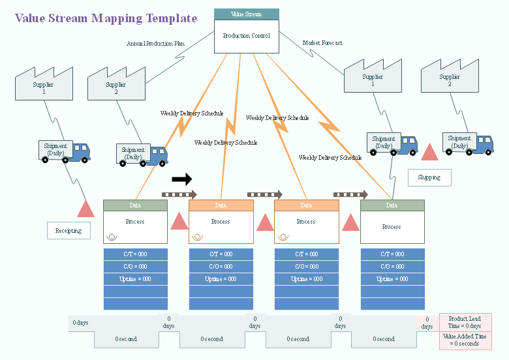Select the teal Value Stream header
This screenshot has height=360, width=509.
pyautogui.click(x=246, y=14)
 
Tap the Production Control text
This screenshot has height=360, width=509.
pyautogui.click(x=246, y=36)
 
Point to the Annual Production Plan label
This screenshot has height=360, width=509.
pyautogui.click(x=155, y=44)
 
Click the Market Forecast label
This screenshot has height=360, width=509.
pyautogui.click(x=322, y=43)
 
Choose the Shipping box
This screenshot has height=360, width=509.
pyautogui.click(x=429, y=177)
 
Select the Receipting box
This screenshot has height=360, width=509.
pyautogui.click(x=69, y=231)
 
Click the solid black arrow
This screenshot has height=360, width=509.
pyautogui.click(x=182, y=179)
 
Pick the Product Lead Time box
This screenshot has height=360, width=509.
pyautogui.click(x=465, y=322)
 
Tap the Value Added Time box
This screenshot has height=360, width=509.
pyautogui.click(x=465, y=340)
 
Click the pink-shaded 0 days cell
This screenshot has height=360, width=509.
pyautogui.click(x=427, y=323)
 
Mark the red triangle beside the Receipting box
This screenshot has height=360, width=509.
pyautogui.click(x=86, y=209)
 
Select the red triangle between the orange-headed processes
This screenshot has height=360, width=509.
pyautogui.click(x=265, y=222)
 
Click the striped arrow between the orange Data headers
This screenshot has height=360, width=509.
pyautogui.click(x=264, y=194)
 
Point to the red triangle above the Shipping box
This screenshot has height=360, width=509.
pyautogui.click(x=430, y=153)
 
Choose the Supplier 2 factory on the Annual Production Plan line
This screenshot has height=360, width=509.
pyautogui.click(x=116, y=84)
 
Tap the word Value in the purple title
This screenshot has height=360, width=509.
pyautogui.click(x=29, y=19)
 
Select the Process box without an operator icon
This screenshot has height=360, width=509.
pyautogui.click(x=392, y=227)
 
